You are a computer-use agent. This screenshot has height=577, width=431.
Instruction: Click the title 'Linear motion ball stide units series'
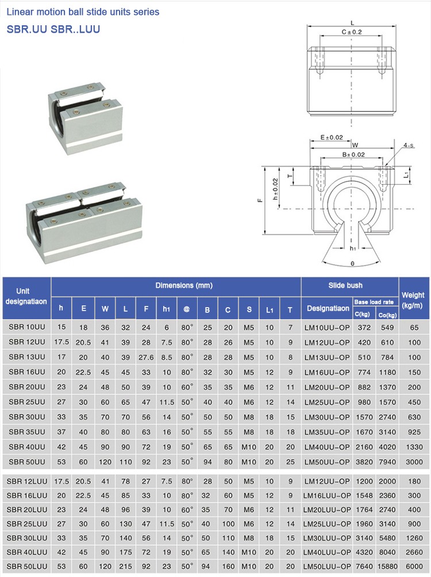coord(83,11)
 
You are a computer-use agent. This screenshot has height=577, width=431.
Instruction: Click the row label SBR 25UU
coord(26,402)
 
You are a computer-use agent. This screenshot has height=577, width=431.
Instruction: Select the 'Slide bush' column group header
coord(345,285)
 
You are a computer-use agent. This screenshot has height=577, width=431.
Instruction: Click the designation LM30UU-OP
coord(327,417)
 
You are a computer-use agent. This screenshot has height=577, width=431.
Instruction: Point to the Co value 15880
coord(386,567)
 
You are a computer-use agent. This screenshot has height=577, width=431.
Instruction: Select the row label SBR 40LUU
coord(28,552)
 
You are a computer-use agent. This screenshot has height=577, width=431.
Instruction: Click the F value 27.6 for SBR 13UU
coord(146,357)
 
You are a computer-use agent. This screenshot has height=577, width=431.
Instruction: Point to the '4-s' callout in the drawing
coord(409,146)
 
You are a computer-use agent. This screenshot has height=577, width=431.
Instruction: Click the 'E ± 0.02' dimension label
coord(331,138)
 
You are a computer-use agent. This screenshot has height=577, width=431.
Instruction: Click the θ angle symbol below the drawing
coord(353,264)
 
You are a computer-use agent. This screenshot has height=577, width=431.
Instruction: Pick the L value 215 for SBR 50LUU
coord(125,567)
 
